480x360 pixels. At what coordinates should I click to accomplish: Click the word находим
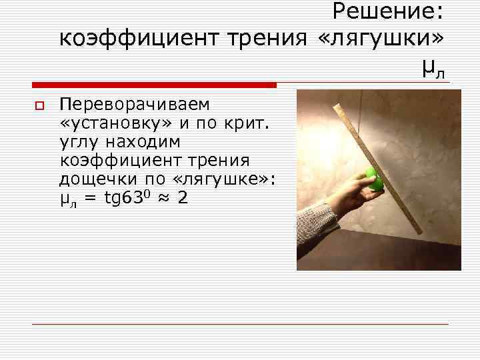click(141, 142)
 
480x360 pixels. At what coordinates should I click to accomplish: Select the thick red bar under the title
click(154, 85)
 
